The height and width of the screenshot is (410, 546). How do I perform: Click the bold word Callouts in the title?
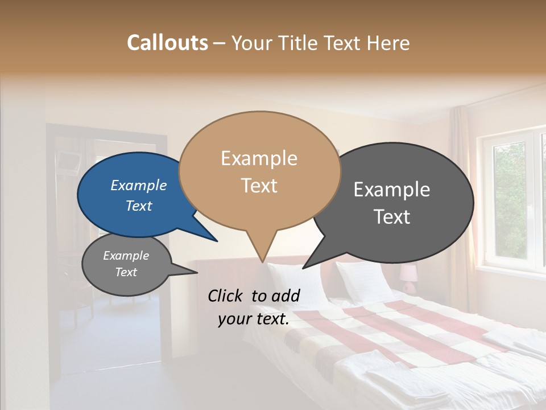(x=167, y=43)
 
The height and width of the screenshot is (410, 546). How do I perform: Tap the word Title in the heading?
(x=300, y=43)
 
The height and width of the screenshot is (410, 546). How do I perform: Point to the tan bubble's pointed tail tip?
(x=262, y=262)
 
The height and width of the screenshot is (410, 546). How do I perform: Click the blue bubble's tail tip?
(x=216, y=241)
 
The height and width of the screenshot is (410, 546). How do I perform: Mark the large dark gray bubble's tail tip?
(x=304, y=268)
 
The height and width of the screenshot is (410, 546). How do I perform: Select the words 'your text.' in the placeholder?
(x=254, y=319)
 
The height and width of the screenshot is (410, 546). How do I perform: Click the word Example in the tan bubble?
(x=259, y=158)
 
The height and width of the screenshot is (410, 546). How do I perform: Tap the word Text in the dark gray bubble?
(x=392, y=217)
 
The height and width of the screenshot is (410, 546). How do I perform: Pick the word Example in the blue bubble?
(x=138, y=186)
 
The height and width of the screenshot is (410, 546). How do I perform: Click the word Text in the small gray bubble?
(x=126, y=272)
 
